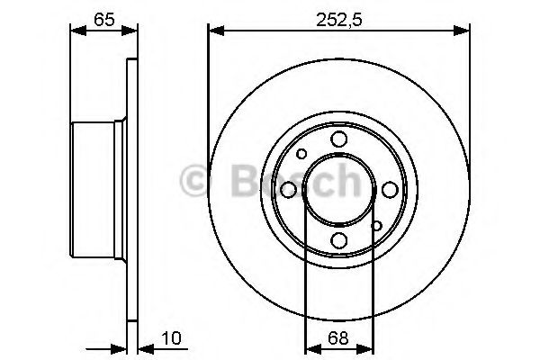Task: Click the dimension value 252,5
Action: tap(339, 21)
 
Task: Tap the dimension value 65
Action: tap(104, 20)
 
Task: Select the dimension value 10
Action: tap(171, 338)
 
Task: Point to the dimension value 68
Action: tap(338, 338)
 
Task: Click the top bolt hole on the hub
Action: tap(339, 139)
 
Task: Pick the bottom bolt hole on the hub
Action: tap(339, 240)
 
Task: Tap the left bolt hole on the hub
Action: tap(288, 190)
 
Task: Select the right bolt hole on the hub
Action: tap(390, 190)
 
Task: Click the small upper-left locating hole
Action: tap(301, 154)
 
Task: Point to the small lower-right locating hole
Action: tap(377, 226)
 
